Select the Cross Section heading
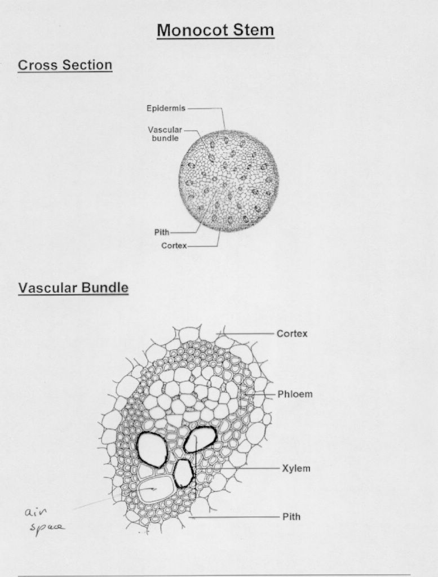65,65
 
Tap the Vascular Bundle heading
73,287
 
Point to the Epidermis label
166,108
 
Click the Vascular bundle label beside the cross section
165,134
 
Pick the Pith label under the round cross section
162,232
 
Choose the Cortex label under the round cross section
174,246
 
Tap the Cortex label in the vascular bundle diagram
292,334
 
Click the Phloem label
295,394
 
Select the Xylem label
297,468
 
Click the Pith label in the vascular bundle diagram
291,517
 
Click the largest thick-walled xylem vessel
152,449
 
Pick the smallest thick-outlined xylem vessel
183,473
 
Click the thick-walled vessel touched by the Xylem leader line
200,439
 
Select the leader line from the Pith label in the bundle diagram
234,517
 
